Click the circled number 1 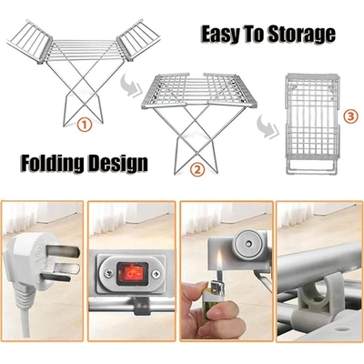pyautogui.click(x=85, y=125)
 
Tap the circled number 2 pyautogui.click(x=197, y=169)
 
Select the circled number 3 pyautogui.click(x=350, y=116)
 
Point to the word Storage pyautogui.click(x=302, y=35)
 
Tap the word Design pyautogui.click(x=118, y=164)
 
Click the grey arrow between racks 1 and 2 pyautogui.click(x=132, y=86)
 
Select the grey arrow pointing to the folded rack pyautogui.click(x=268, y=126)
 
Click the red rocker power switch pyautogui.click(x=132, y=273)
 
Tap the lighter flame pyautogui.click(x=220, y=259)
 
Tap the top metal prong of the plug pyautogui.click(x=64, y=251)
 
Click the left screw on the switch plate pyautogui.click(x=107, y=274)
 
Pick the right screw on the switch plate pyautogui.click(x=157, y=274)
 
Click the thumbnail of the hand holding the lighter pyautogui.click(x=227, y=271)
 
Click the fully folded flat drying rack pyautogui.click(x=312, y=124)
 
